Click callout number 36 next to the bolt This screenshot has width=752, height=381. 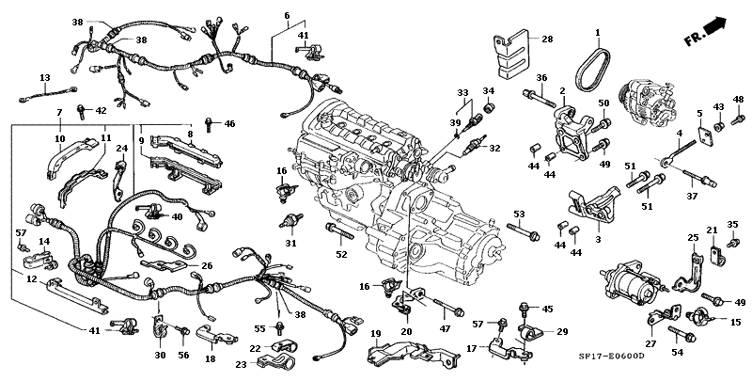(541, 77)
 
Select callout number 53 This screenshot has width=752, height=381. (518, 214)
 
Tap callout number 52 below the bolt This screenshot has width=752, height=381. (340, 255)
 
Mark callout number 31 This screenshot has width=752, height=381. (290, 244)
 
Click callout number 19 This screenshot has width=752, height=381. (374, 334)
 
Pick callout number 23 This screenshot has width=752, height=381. (241, 364)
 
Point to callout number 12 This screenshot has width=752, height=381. (31, 279)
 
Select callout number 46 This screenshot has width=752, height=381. (229, 124)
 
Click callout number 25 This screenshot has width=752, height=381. (694, 238)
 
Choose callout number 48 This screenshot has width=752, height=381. (738, 99)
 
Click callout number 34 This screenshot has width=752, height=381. (488, 91)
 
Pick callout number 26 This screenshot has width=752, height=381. (207, 266)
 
